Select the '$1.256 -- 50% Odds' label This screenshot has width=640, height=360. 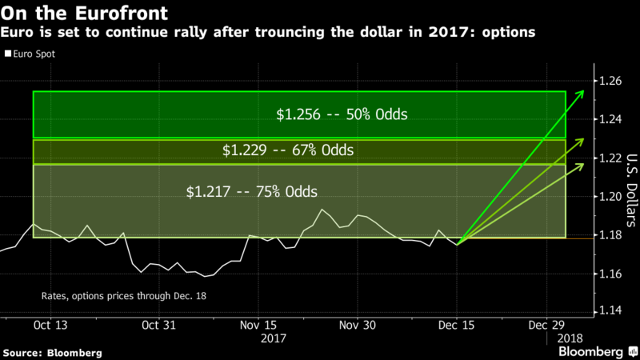click(x=342, y=114)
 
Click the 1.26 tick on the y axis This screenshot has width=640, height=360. click(x=610, y=81)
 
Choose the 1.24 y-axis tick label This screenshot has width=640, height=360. click(x=610, y=119)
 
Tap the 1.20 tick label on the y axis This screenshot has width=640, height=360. click(x=610, y=197)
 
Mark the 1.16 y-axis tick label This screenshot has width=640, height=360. click(x=610, y=274)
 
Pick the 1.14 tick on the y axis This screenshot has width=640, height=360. click(x=610, y=311)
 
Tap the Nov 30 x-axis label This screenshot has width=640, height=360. click(x=357, y=326)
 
